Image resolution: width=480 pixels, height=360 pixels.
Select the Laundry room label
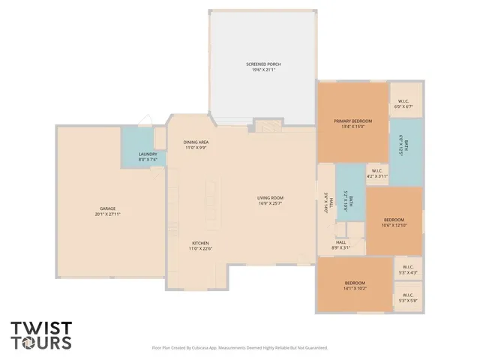pos(147,154)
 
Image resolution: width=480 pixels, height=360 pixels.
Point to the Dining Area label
pos(196,142)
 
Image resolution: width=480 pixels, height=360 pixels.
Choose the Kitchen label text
pos(200,243)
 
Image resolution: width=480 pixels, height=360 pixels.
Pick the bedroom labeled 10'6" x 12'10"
pos(393,221)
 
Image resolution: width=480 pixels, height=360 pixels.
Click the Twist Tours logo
pos(41,335)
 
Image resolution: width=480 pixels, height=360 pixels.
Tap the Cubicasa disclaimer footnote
pos(240,347)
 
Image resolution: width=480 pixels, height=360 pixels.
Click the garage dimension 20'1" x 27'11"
pos(108,214)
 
